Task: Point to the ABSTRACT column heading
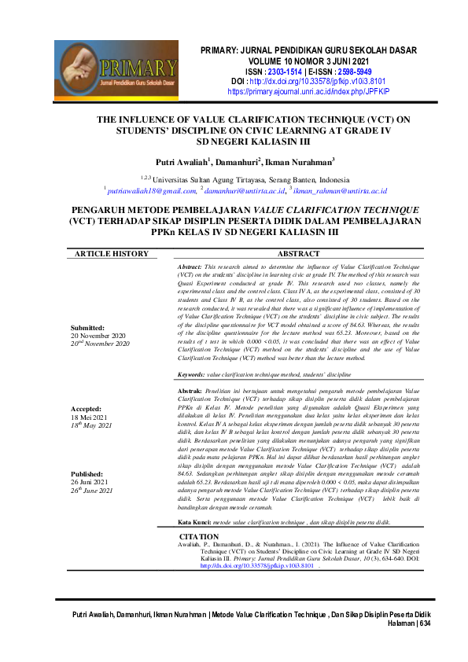click(x=299, y=255)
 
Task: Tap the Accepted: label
click(x=87, y=410)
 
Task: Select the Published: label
click(x=87, y=474)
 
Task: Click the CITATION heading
click(x=199, y=536)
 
